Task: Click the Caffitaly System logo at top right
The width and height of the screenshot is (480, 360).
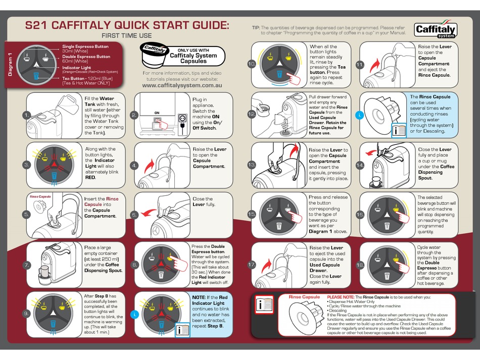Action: click(x=436, y=30)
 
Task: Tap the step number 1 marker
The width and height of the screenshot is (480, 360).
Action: click(x=26, y=115)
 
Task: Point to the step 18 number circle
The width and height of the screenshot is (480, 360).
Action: click(x=360, y=265)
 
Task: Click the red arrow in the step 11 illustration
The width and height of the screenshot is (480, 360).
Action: click(x=374, y=66)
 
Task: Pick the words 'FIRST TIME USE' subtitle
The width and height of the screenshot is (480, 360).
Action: click(x=126, y=36)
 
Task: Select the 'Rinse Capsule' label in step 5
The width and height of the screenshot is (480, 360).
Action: click(x=40, y=196)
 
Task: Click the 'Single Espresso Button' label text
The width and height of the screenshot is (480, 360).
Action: click(x=85, y=46)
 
